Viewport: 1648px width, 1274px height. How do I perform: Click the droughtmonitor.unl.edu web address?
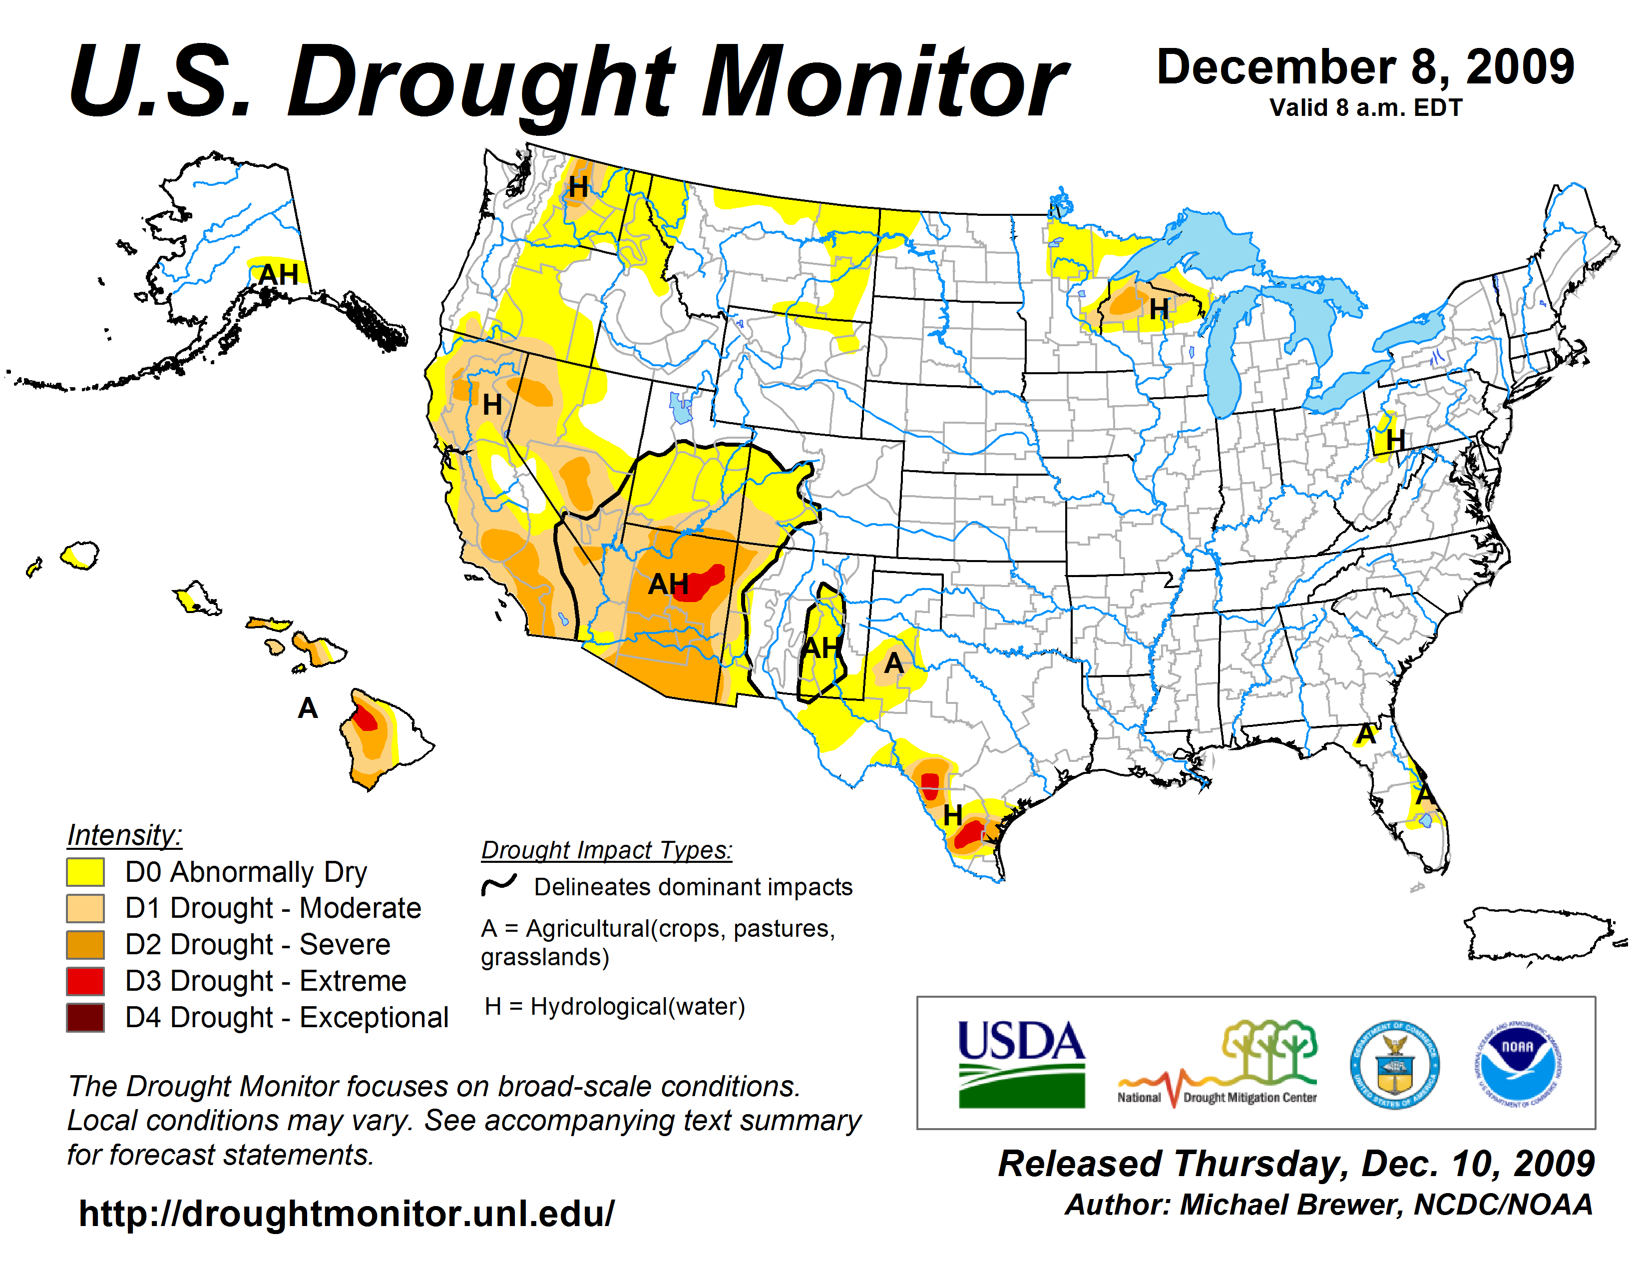347,1214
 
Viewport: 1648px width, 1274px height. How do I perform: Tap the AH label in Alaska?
279,275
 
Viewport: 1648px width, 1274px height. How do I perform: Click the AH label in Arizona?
668,584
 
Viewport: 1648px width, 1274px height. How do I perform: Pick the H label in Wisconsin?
1159,309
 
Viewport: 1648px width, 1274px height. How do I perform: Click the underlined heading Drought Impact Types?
607,850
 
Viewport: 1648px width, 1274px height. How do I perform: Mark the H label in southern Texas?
952,815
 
